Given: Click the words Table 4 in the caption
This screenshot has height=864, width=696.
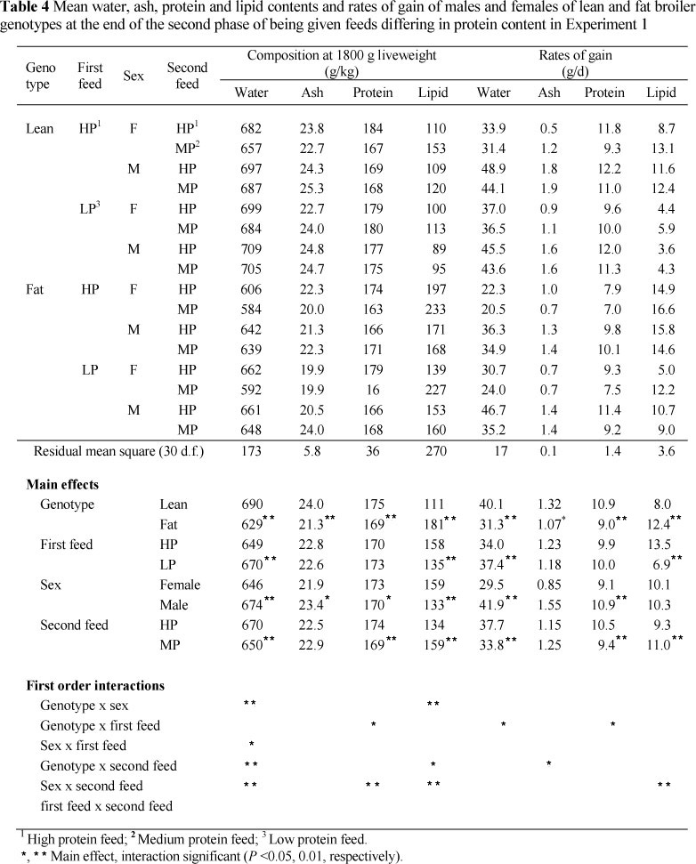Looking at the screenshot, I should [28, 9].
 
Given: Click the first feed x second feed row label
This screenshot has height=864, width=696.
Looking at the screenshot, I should [101, 807].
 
